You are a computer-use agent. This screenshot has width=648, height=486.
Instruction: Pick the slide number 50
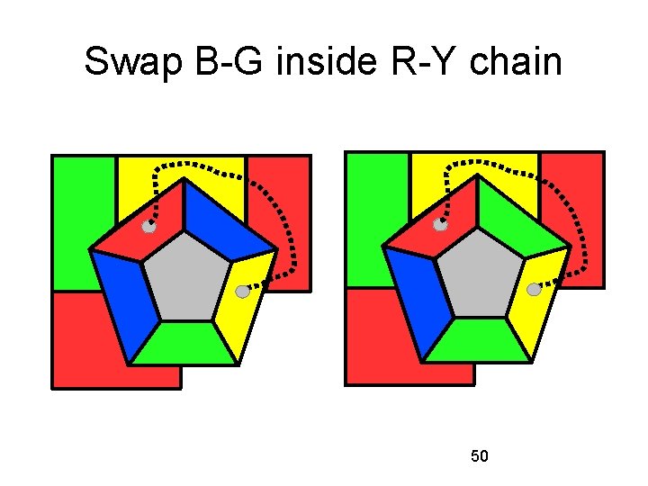tap(480, 456)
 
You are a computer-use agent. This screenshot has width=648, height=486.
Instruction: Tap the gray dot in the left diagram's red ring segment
tap(149, 229)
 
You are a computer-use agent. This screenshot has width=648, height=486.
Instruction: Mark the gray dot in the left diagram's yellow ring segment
tap(242, 292)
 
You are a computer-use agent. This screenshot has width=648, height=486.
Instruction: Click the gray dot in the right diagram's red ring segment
tap(441, 225)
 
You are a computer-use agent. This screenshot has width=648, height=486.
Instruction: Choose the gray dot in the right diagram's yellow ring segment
tap(534, 290)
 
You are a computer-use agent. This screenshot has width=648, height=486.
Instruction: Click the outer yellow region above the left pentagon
tap(220, 180)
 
